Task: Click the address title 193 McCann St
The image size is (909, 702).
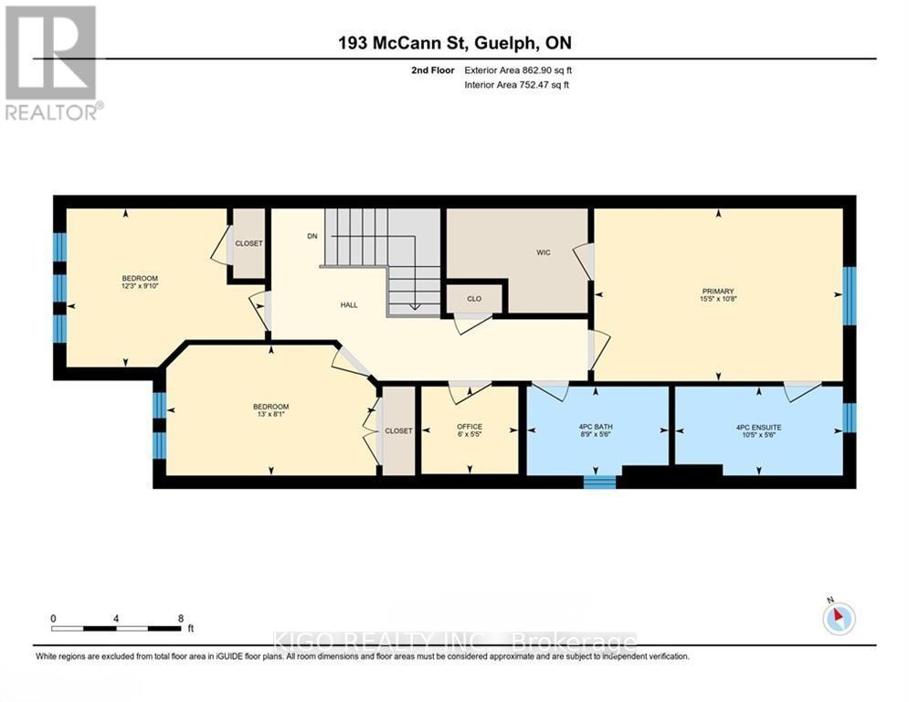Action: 454,43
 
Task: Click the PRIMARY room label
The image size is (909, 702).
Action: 718,292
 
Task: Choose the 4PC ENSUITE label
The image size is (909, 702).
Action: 758,427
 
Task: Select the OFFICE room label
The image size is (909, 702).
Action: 470,427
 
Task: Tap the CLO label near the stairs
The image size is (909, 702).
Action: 473,298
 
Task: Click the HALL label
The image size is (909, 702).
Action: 349,305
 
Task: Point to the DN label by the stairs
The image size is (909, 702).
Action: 312,236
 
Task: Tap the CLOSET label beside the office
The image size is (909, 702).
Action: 398,431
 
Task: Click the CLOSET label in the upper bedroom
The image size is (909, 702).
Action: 248,243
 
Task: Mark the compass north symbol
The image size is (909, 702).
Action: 838,619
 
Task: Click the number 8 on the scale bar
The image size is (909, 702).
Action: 181,618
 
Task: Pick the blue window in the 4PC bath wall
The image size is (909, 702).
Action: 599,482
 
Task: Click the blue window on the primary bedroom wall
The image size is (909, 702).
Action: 849,295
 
